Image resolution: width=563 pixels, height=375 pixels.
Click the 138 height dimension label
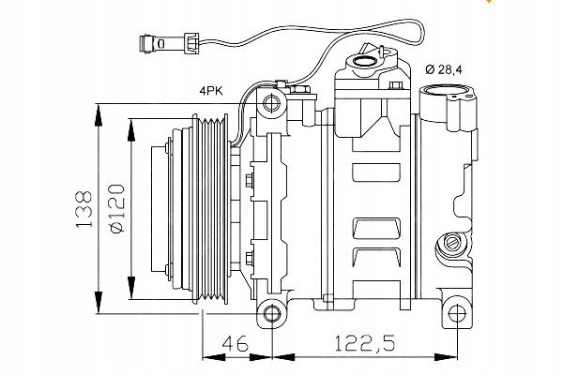[x=84, y=210]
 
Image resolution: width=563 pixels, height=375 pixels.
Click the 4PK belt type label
[x=210, y=90]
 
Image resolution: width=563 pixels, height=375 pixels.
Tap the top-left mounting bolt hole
[x=272, y=103]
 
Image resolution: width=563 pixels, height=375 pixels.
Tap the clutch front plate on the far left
[x=168, y=208]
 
